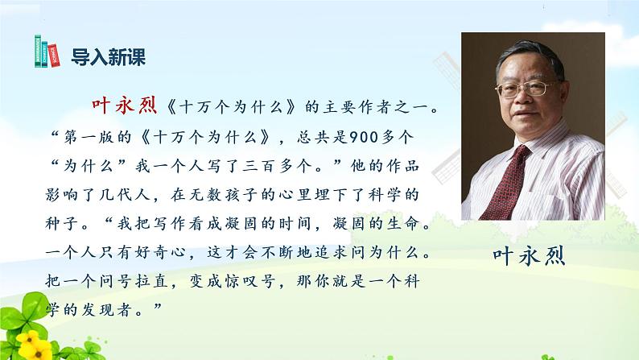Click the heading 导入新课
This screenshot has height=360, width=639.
pos(104,57)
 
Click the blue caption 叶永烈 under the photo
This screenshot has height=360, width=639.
pos(527,256)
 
